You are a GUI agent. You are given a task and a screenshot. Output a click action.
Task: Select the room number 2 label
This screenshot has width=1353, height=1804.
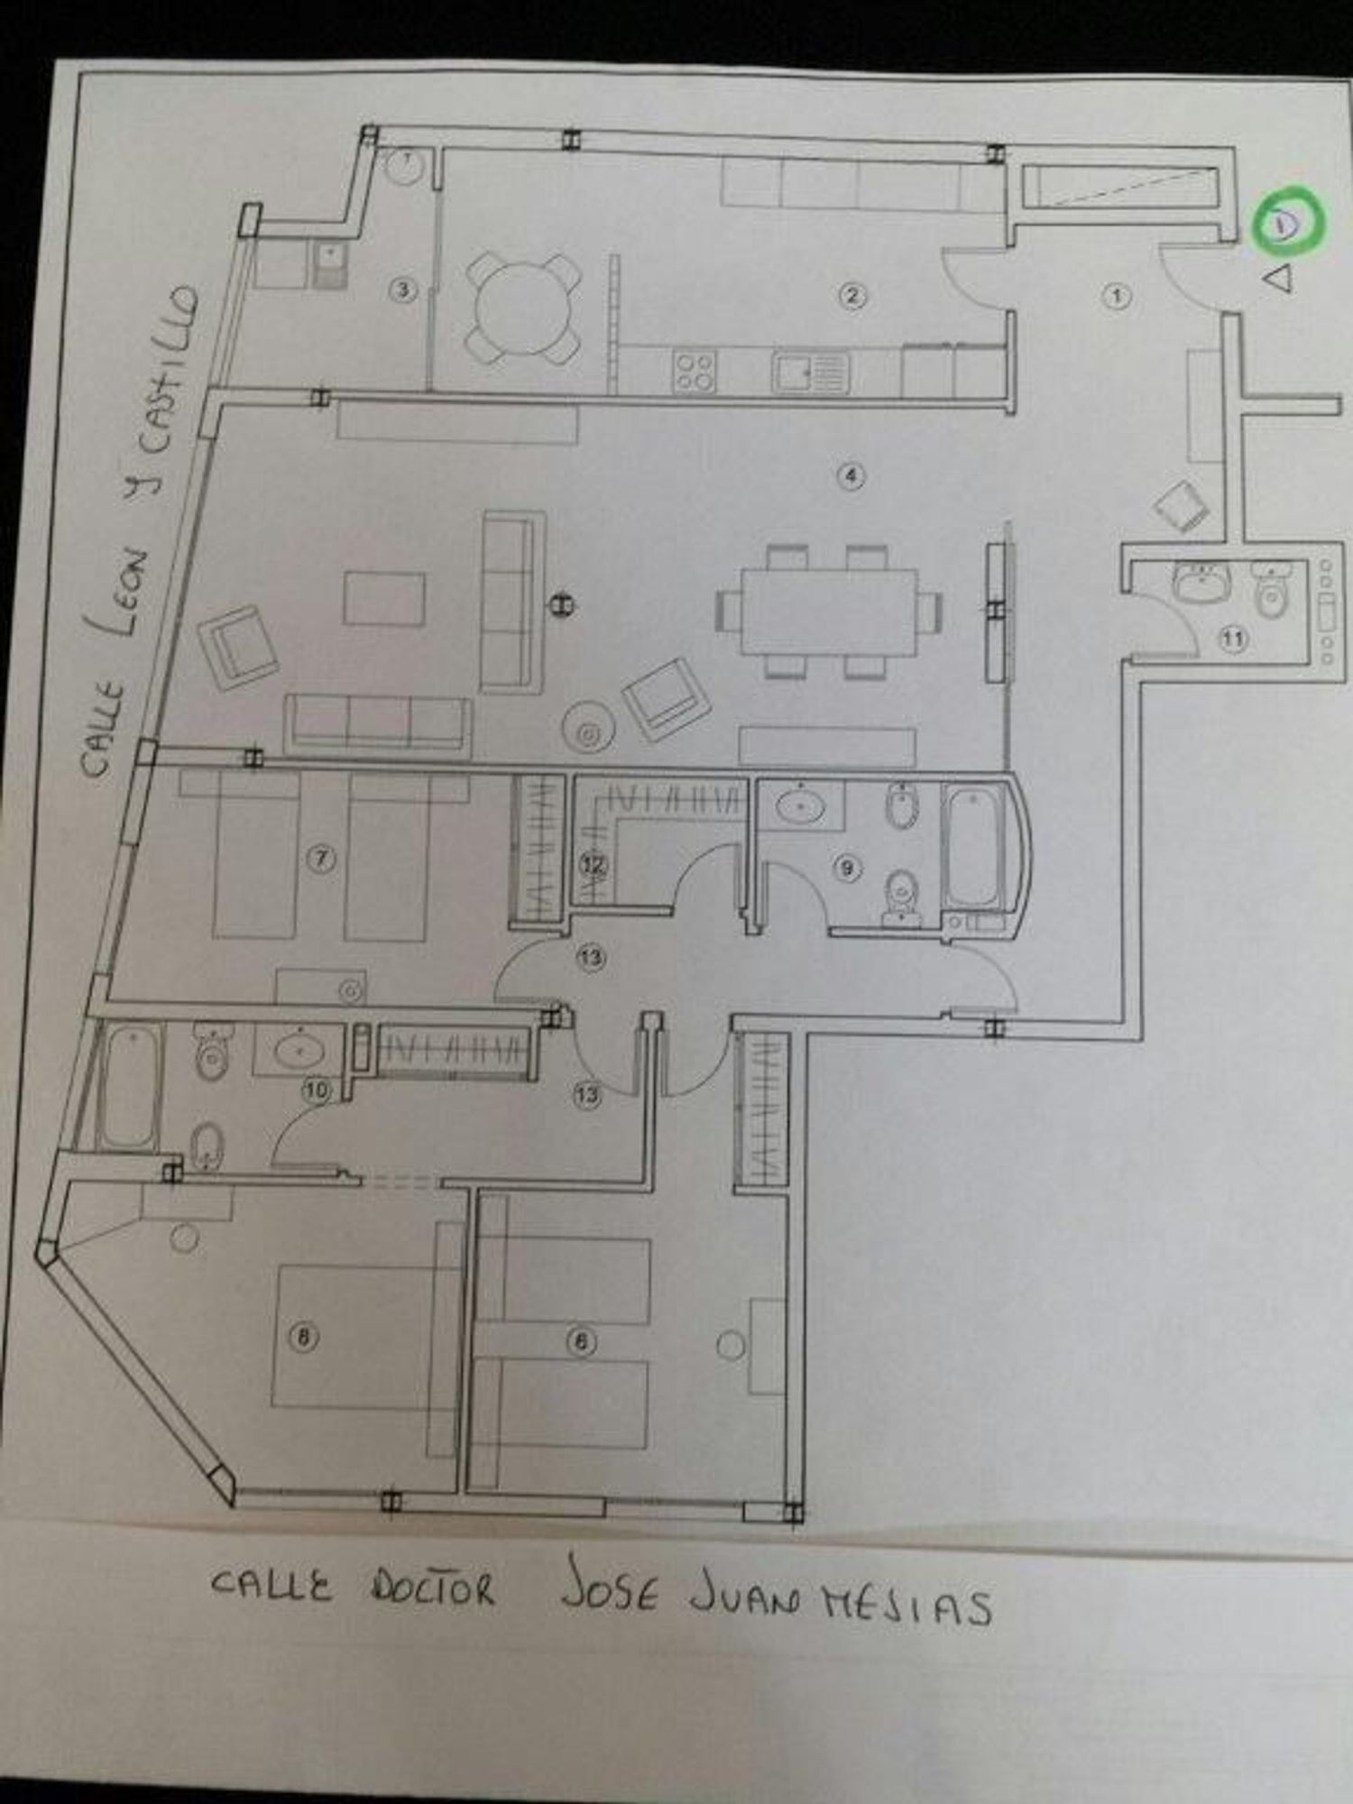click(x=851, y=295)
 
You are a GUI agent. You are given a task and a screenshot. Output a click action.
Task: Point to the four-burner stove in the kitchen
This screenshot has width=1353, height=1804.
click(x=695, y=371)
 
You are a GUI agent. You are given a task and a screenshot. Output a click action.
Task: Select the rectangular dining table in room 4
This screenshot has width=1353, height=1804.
click(x=828, y=611)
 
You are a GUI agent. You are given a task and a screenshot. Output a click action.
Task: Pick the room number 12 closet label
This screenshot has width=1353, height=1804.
click(x=593, y=865)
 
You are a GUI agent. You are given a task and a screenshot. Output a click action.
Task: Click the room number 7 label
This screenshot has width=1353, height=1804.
click(x=320, y=858)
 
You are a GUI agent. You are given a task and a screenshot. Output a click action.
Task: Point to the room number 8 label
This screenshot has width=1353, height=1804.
click(x=303, y=1336)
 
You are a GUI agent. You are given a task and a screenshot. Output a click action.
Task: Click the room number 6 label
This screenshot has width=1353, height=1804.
click(x=581, y=1341)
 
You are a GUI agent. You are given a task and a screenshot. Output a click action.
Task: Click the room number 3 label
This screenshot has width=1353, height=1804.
click(x=402, y=290)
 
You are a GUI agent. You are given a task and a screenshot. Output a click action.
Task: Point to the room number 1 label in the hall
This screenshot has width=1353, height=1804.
click(x=1117, y=296)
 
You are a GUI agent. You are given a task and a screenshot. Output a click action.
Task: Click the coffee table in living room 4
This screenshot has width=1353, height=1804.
click(x=384, y=598)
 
